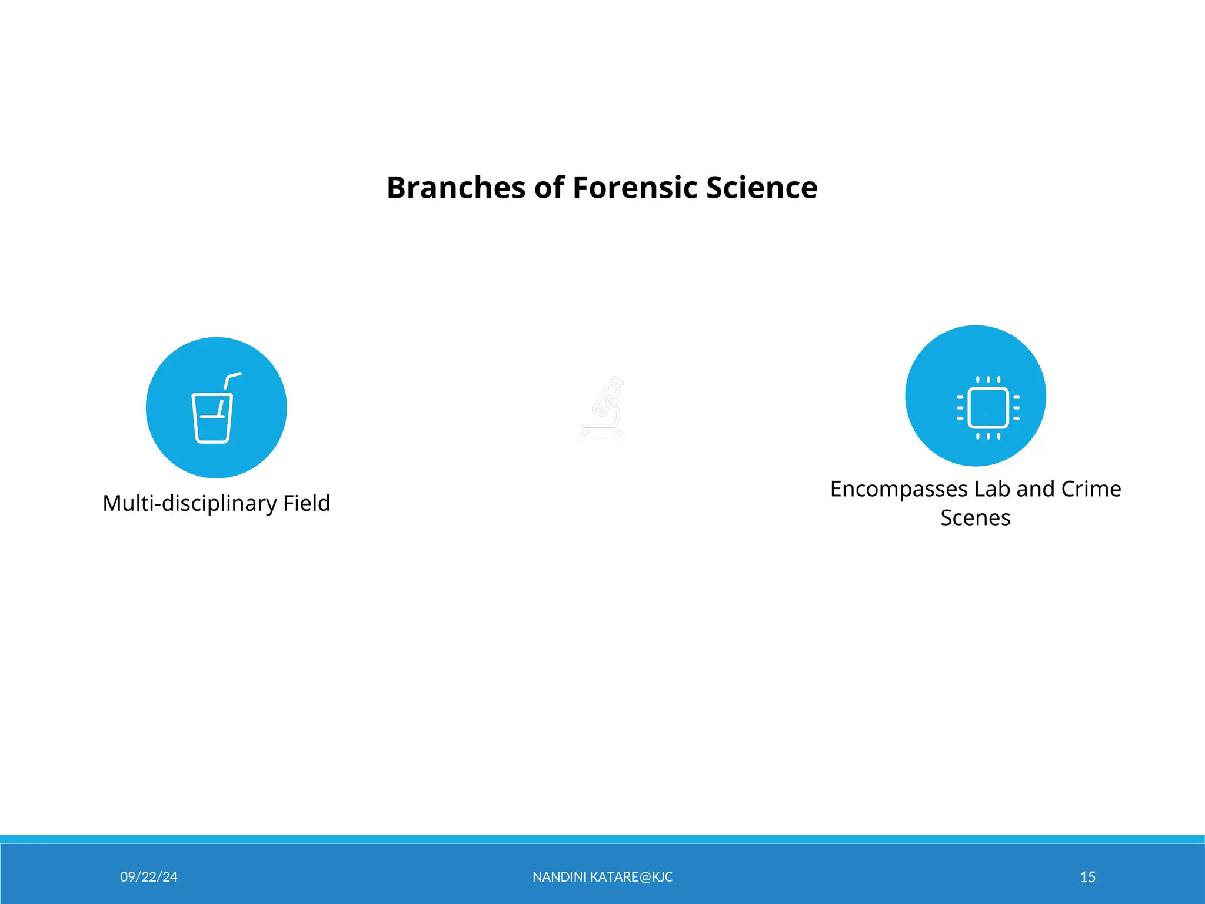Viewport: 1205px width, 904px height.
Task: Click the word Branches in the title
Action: pos(455,188)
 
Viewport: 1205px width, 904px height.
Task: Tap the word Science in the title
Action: pos(761,188)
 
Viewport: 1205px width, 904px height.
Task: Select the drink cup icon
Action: pos(213,415)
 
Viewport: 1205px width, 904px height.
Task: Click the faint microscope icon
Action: pos(602,409)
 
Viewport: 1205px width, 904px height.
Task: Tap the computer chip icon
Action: pos(988,407)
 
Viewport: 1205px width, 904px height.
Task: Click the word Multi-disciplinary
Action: pos(189,504)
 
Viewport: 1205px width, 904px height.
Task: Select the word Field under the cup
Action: pos(306,504)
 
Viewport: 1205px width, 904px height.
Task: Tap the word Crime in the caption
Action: pos(1091,489)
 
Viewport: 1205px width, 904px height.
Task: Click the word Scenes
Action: pos(975,518)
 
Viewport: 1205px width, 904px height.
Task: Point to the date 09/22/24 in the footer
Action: pos(148,877)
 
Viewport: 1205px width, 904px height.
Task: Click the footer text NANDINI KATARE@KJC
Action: pos(602,877)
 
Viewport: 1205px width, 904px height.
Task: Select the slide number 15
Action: pos(1087,877)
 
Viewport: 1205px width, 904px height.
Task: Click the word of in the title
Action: pos(549,188)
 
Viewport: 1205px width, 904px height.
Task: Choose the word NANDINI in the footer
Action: pos(559,877)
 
